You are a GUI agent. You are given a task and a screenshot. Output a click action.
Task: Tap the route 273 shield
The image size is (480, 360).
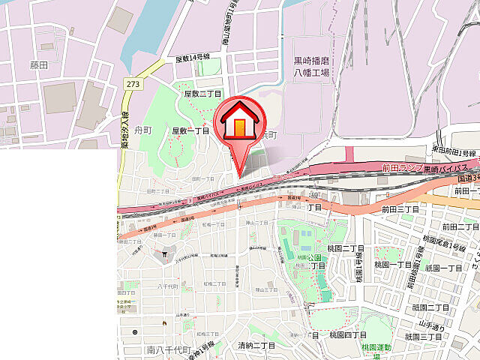[133, 84]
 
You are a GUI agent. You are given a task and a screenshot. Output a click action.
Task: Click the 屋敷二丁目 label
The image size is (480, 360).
[202, 94]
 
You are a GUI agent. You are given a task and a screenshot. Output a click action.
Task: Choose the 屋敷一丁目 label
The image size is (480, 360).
[190, 130]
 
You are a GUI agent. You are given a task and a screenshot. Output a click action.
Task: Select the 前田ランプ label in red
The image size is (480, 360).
[402, 167]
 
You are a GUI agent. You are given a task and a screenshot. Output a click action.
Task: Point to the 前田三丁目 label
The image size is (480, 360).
[399, 209]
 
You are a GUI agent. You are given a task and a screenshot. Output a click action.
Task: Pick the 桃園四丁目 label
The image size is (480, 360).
[346, 334]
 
